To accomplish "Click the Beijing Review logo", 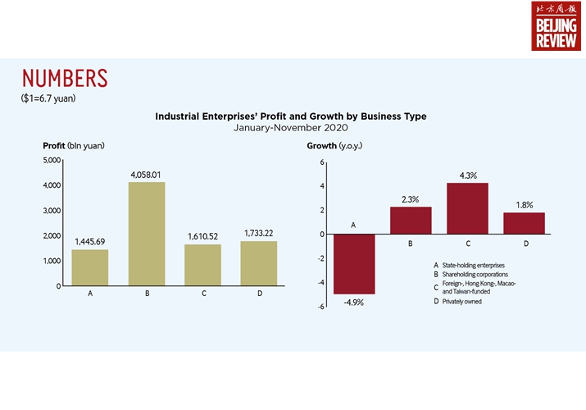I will pyautogui.click(x=555, y=26).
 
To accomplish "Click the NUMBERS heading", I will pyautogui.click(x=65, y=79).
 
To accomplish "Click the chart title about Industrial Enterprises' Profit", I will pyautogui.click(x=291, y=116).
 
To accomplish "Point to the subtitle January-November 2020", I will pyautogui.click(x=291, y=128).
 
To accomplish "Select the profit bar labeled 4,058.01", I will pyautogui.click(x=146, y=234).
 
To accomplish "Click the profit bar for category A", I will pyautogui.click(x=89, y=267).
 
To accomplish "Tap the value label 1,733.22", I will pyautogui.click(x=259, y=234).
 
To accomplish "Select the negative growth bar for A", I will pyautogui.click(x=354, y=264).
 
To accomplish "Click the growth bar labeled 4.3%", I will pyautogui.click(x=467, y=208).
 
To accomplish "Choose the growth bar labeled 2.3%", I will pyautogui.click(x=411, y=221).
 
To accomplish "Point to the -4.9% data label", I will pyautogui.click(x=354, y=303).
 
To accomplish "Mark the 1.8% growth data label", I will pyautogui.click(x=524, y=204).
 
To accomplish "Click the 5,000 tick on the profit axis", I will pyautogui.click(x=51, y=160).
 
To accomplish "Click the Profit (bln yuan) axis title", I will pyautogui.click(x=74, y=145).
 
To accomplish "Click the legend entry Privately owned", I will pyautogui.click(x=463, y=302).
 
